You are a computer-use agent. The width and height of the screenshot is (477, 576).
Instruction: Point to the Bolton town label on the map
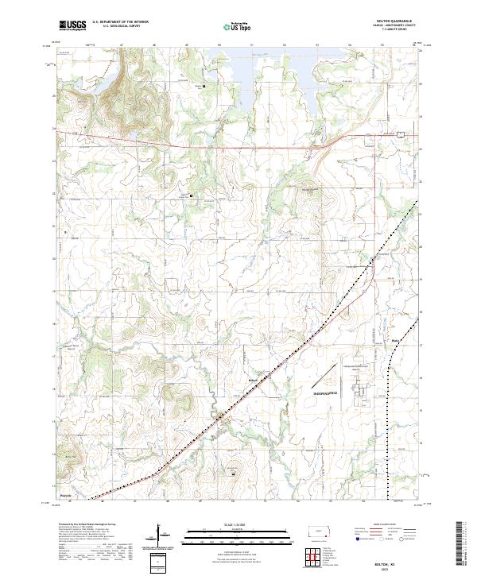coord(254,381)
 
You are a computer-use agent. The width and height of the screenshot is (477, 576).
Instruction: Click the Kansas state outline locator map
coord(323,530)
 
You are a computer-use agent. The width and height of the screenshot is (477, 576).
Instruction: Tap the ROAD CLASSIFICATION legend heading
coord(386,525)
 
